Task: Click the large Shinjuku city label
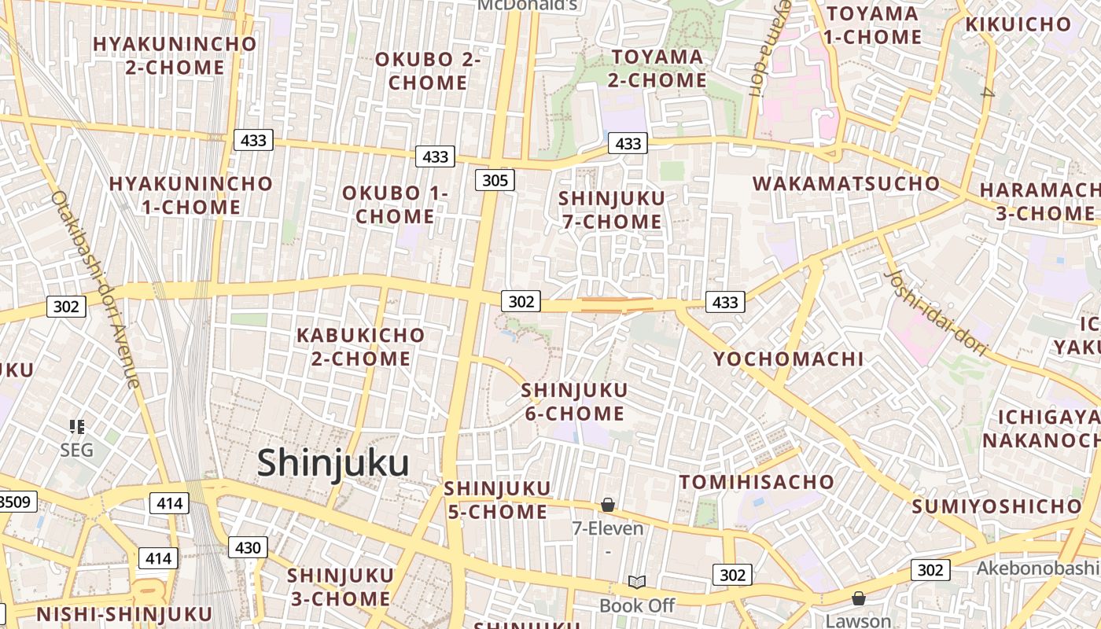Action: [333, 463]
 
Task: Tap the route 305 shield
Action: [495, 180]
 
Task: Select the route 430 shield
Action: [248, 547]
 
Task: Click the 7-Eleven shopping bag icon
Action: [608, 505]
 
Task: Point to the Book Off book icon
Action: [637, 582]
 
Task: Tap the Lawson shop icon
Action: [859, 598]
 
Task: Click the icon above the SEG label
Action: [77, 427]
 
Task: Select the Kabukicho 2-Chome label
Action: [360, 347]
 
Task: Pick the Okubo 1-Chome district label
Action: [395, 204]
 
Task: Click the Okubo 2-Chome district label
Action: [428, 71]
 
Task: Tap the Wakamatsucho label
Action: [846, 184]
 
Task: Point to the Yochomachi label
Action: [788, 359]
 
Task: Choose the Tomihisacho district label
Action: [756, 482]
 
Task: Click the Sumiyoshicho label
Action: [996, 506]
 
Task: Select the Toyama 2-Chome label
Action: [658, 68]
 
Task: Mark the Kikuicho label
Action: [1018, 24]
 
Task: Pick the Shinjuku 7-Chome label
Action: [612, 210]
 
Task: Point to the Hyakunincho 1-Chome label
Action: [191, 196]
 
